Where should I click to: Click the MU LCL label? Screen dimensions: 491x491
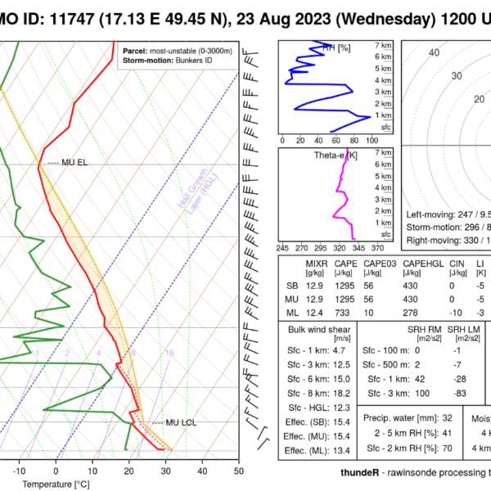181,422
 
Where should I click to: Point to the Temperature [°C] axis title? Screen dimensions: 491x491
56,484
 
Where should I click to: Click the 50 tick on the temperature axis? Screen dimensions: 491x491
238,471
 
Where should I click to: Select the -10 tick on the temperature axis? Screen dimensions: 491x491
20,471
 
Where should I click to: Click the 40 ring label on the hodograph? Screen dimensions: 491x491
434,53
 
